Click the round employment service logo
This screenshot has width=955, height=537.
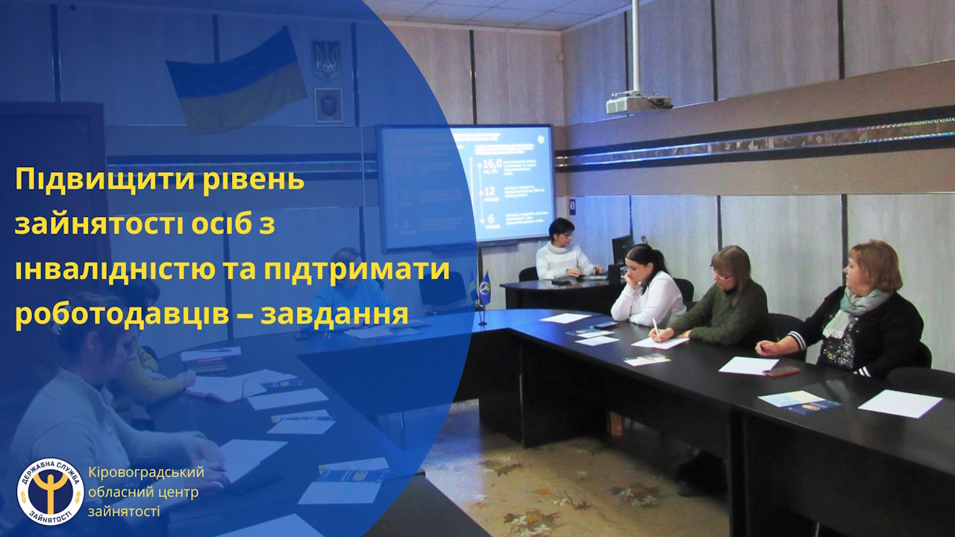pyautogui.click(x=51, y=492)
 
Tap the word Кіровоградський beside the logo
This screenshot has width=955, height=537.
pyautogui.click(x=145, y=472)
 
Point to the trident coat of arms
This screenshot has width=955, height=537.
pyautogui.click(x=326, y=60)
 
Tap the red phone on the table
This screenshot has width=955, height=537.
pyautogui.click(x=781, y=371)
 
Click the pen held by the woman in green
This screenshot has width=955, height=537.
pyautogui.click(x=655, y=327)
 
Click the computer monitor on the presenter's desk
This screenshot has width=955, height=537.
pyautogui.click(x=621, y=249)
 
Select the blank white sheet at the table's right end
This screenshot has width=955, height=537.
pyautogui.click(x=900, y=403)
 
